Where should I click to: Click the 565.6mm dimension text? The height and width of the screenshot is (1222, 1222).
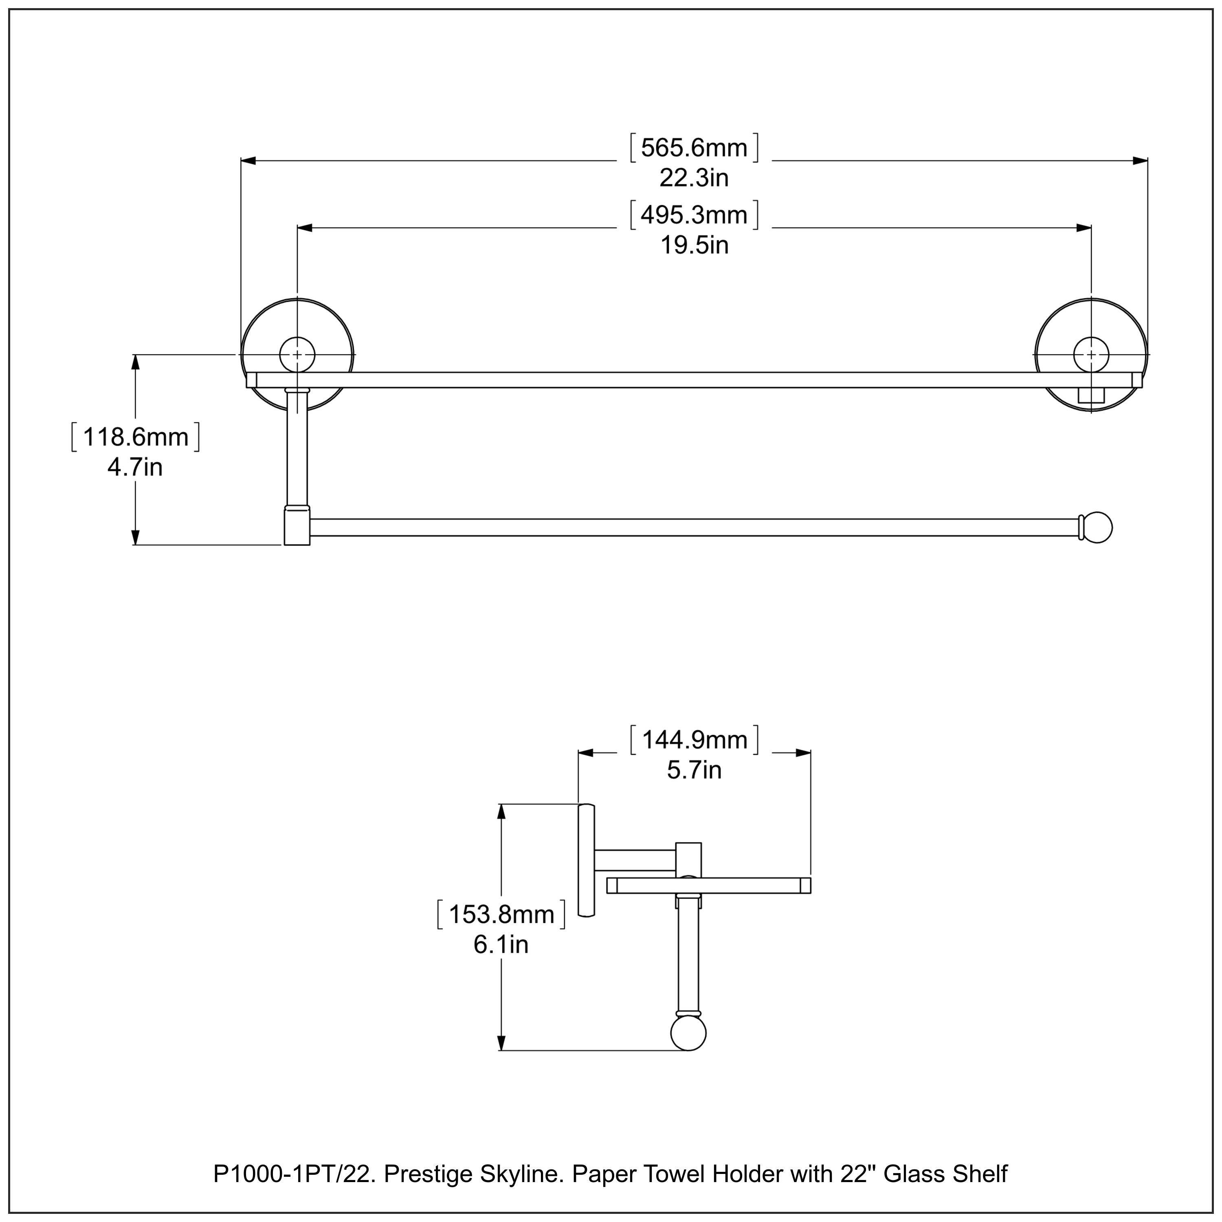(694, 148)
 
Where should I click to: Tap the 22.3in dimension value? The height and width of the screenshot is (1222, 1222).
(694, 178)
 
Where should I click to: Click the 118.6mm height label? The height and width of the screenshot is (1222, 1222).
(135, 437)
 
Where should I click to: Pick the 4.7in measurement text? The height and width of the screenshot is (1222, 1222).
(135, 468)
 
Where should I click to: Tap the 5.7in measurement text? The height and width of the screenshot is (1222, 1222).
(694, 770)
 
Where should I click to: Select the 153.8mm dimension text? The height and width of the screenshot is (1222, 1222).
(501, 914)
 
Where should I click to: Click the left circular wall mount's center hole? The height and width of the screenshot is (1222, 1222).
(297, 355)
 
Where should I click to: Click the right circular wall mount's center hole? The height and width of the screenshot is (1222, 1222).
(1091, 355)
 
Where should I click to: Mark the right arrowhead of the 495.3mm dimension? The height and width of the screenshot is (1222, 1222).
(1084, 228)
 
